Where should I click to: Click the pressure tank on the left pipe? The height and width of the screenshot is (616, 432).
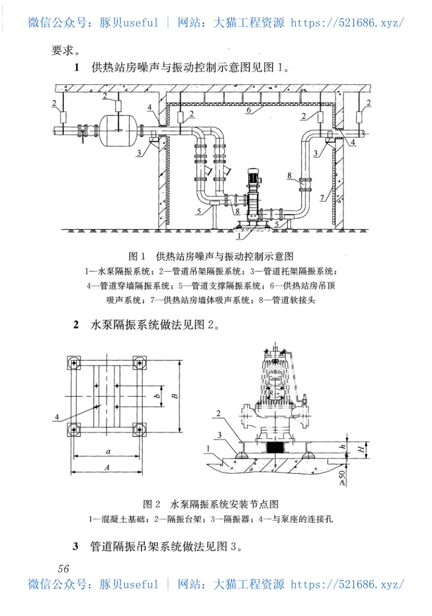(x=118, y=129)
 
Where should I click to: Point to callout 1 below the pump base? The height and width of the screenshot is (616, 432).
(x=238, y=235)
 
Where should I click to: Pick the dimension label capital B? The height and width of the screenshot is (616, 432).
(x=174, y=396)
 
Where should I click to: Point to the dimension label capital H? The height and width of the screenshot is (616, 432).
(x=357, y=448)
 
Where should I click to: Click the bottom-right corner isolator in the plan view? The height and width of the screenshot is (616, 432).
(x=141, y=430)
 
